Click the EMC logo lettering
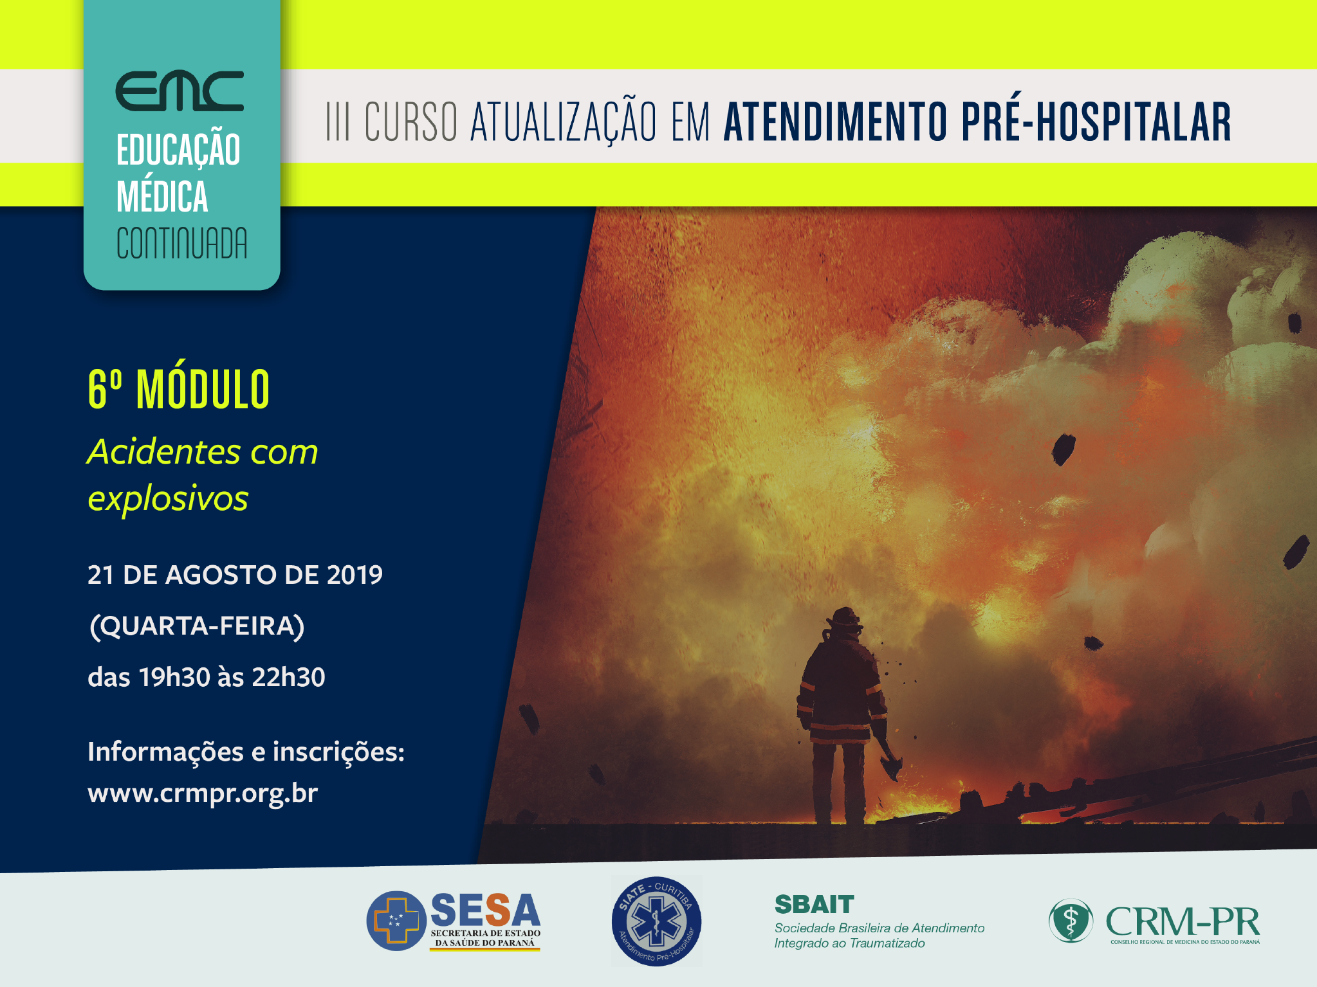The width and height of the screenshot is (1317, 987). [x=180, y=91]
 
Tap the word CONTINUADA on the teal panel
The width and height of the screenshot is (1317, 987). [x=181, y=243]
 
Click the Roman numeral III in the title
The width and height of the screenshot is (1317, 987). [x=338, y=121]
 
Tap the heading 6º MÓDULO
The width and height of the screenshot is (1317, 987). [x=178, y=389]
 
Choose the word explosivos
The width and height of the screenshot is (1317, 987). [x=168, y=498]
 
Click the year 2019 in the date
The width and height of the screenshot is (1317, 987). [x=355, y=575]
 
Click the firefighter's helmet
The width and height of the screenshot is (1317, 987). [x=843, y=618]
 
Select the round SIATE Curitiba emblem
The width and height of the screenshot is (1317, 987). [x=656, y=921]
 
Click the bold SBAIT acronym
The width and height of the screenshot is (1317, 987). [x=815, y=904]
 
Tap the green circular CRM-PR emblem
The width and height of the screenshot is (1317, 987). [x=1071, y=921]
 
